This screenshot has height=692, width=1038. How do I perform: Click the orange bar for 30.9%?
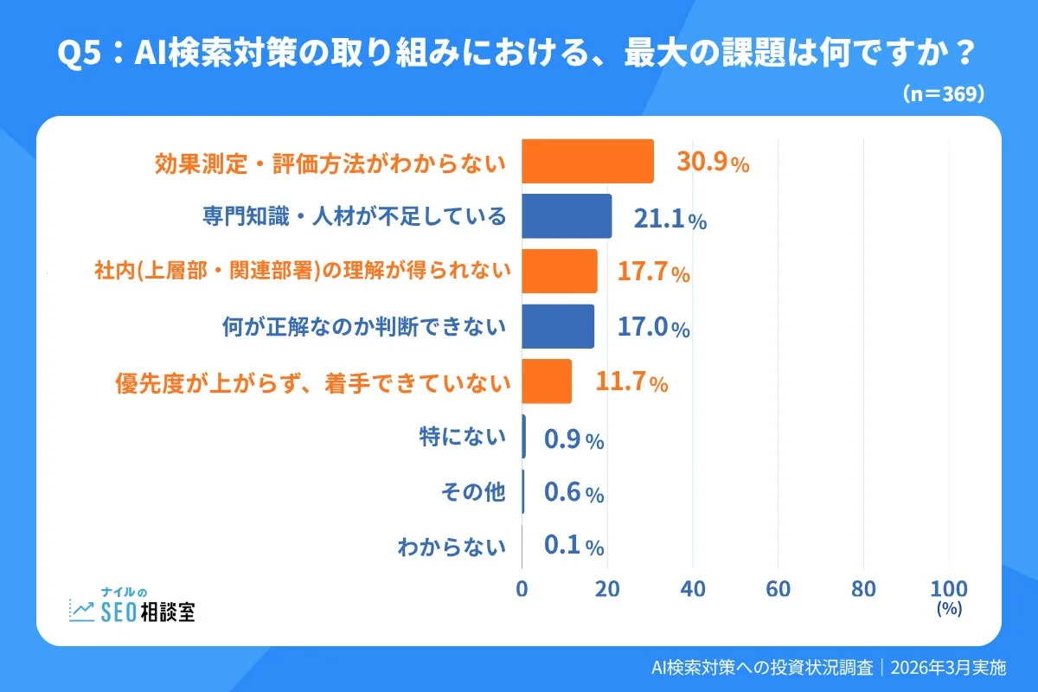pos(587,161)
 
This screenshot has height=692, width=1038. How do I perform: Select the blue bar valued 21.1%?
pos(567,216)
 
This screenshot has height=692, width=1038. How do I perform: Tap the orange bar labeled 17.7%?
pos(559,272)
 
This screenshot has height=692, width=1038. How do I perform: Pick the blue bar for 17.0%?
pos(558,326)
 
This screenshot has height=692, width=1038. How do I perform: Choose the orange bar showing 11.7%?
pos(547,381)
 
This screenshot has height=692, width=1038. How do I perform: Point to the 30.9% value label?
pos(713,163)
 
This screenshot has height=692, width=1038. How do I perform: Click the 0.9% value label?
pos(573,440)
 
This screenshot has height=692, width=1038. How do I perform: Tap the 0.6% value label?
pos(573,494)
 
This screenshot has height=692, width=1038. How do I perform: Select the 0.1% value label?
pos(573,547)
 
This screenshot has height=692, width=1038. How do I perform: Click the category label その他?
pos(472,493)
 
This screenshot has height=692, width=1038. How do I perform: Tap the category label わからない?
pos(451,547)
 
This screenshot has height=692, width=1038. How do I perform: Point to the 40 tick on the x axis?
pos(693,589)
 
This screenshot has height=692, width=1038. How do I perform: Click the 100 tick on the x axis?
pos(948,589)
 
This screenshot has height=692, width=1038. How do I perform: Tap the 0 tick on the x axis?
pos(522,589)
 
